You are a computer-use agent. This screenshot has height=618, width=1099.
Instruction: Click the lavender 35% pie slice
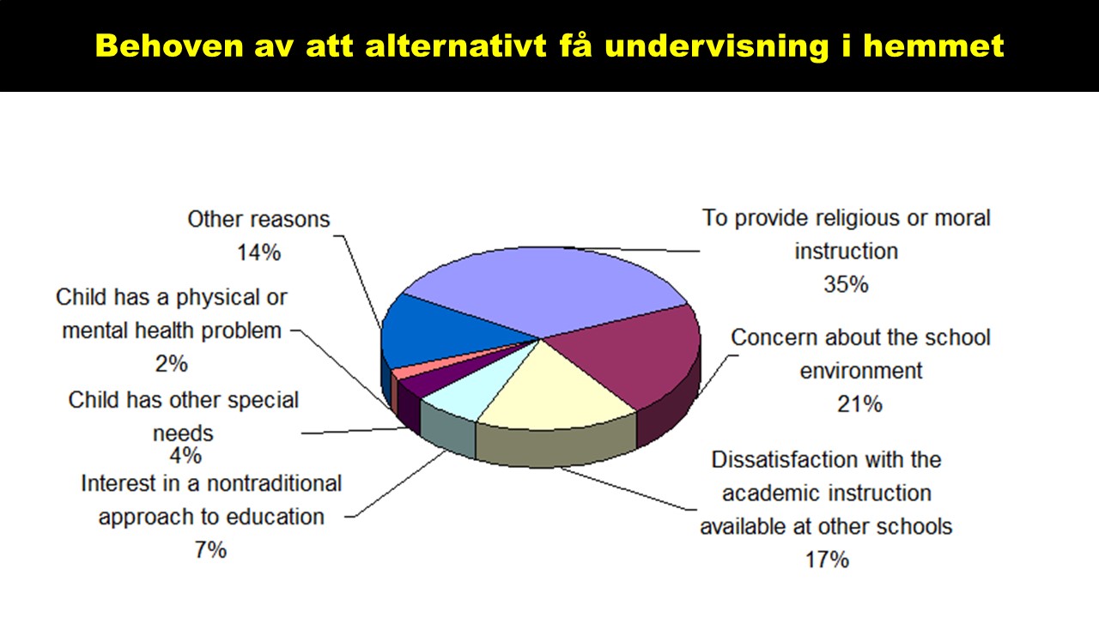pyautogui.click(x=544, y=289)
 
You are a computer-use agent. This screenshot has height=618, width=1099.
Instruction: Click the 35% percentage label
pyautogui.click(x=846, y=284)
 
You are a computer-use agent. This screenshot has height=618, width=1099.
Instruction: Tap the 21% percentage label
pyautogui.click(x=859, y=404)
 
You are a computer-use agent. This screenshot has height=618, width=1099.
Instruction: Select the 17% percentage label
pyautogui.click(x=827, y=560)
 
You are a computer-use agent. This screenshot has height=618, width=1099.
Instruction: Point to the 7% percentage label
pyautogui.click(x=211, y=550)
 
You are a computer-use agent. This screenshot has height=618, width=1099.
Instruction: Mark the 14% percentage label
pyautogui.click(x=259, y=252)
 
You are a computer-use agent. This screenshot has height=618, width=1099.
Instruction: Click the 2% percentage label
pyautogui.click(x=171, y=364)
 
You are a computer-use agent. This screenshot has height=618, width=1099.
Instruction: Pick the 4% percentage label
pyautogui.click(x=185, y=456)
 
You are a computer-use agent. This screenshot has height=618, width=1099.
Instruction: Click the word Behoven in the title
pyautogui.click(x=169, y=45)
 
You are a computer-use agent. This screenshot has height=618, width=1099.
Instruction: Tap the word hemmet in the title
pyautogui.click(x=933, y=45)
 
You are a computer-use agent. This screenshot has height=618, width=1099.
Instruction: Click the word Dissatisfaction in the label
pyautogui.click(x=785, y=459)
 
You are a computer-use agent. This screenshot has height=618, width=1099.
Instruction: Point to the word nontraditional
pyautogui.click(x=274, y=483)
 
